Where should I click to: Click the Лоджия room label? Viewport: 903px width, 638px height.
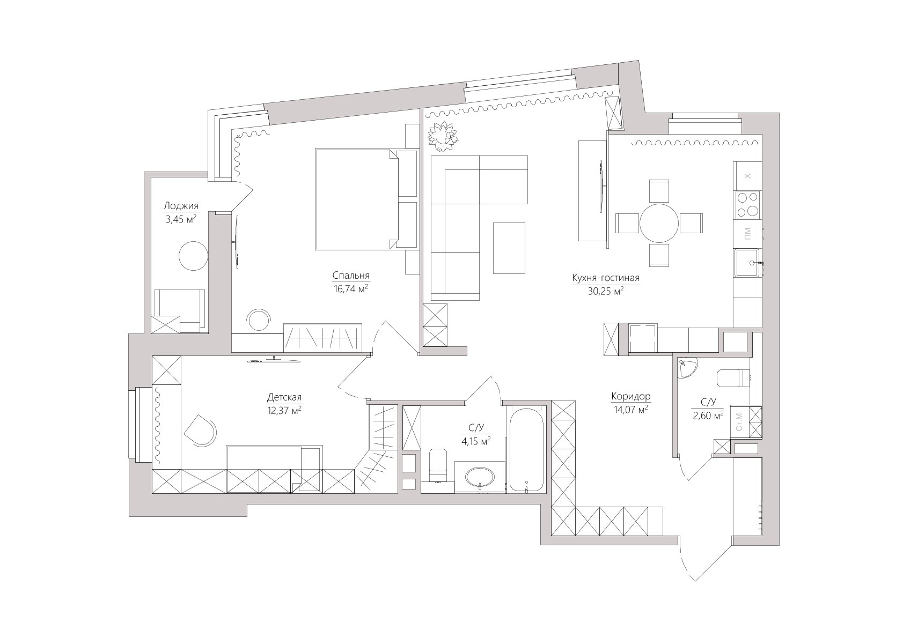point(181,206)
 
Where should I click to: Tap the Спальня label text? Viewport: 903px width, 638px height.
point(351,276)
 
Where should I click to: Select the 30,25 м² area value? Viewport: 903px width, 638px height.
point(606,291)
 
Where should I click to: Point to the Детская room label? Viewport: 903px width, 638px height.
point(284,397)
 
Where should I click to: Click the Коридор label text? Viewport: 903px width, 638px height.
point(630,396)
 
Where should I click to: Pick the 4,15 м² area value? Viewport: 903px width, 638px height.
point(476,441)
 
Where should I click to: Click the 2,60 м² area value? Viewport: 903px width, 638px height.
point(708,416)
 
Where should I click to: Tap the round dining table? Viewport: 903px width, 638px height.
point(659,223)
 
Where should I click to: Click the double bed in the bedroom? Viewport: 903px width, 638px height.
point(366,199)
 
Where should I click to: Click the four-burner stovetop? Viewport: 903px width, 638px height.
point(747,204)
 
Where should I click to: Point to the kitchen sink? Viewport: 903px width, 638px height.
point(747,263)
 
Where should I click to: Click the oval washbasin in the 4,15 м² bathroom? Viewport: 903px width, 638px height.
point(480,478)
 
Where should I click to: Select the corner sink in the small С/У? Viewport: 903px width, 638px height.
point(686,368)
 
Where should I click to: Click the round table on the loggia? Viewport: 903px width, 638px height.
point(194,256)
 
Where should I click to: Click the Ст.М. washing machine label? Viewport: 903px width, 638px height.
point(739,421)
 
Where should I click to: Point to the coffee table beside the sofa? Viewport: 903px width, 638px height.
point(509,248)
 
